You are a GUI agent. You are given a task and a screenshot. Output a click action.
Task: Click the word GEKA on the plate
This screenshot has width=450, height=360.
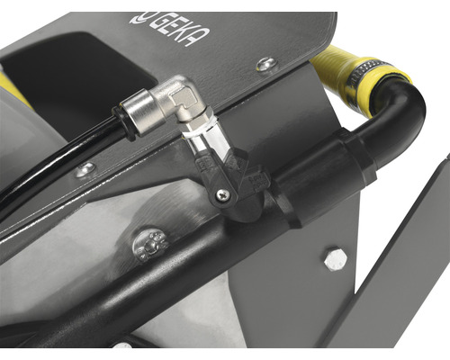(x=179, y=30)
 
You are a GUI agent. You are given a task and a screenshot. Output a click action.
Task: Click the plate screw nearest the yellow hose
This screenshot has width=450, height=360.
(x=266, y=65)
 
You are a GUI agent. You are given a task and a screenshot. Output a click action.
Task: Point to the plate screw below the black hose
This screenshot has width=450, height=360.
(x=85, y=170)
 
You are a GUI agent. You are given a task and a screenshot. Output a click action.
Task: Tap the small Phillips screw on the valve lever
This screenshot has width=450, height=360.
(x=224, y=194)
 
